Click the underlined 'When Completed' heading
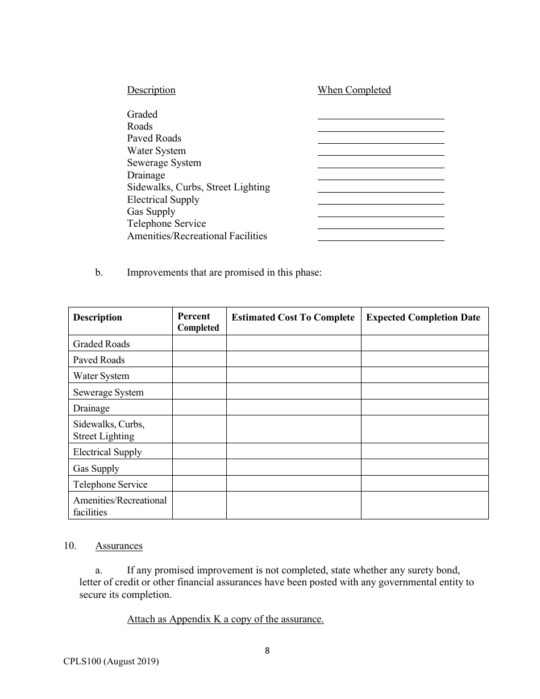point(354,90)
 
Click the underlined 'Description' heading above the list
point(151,90)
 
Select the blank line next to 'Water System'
point(381,152)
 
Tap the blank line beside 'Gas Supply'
point(381,213)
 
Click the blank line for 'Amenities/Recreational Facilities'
point(381,237)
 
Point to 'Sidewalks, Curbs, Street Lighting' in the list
point(198,187)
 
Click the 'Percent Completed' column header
point(198,322)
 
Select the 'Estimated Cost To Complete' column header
point(293,318)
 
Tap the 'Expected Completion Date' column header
point(423,318)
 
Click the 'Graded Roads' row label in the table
point(101,344)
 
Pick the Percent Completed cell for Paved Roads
point(199,360)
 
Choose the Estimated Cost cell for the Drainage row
point(293,408)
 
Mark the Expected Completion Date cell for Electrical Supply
point(424,452)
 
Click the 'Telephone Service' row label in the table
point(110,484)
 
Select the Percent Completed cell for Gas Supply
point(199,468)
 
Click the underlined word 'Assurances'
point(119,546)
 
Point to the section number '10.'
point(70,546)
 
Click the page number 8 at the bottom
point(267,651)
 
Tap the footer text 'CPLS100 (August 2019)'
point(111,661)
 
